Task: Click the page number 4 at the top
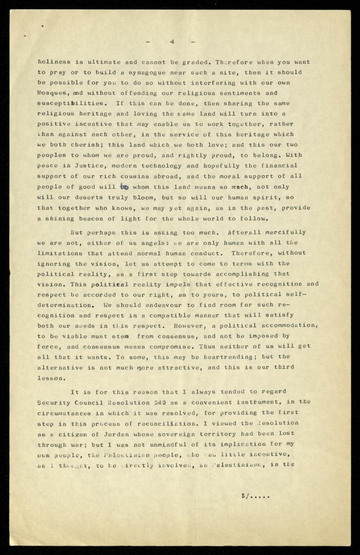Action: (172, 41)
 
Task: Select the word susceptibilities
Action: (73, 103)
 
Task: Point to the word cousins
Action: (134, 176)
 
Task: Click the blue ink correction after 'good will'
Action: (123, 187)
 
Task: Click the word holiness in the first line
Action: (55, 62)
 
